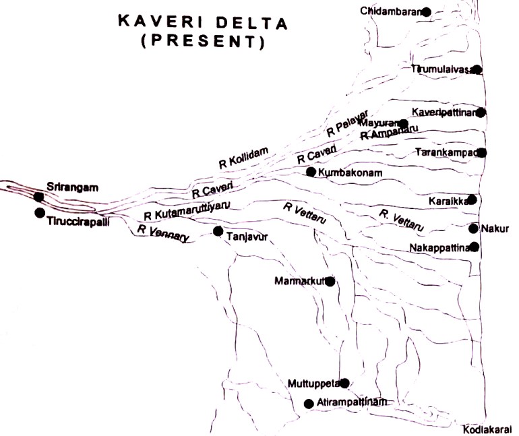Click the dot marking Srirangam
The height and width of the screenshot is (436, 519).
point(39,197)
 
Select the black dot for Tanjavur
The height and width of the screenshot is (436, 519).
point(218,231)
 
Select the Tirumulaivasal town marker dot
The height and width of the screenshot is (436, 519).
point(477,69)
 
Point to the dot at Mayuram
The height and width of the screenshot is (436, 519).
point(403,123)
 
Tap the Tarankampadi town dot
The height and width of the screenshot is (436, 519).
point(482,152)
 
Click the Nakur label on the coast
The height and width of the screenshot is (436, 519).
point(495,228)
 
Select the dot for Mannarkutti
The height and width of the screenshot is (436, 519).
point(330,281)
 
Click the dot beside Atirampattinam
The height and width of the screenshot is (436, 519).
point(309,404)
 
